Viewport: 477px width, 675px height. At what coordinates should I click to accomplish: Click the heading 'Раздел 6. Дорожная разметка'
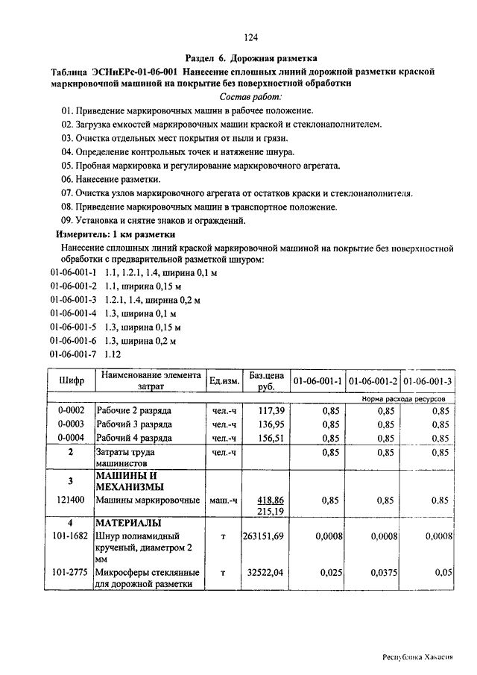pos(251,57)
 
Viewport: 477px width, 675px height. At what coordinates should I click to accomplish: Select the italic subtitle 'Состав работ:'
pos(251,97)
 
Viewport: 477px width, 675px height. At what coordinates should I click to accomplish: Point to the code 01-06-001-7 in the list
pos(74,354)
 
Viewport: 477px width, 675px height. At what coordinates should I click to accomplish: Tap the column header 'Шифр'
pos(71,381)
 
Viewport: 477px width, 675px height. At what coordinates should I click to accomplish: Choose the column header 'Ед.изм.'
pos(224,381)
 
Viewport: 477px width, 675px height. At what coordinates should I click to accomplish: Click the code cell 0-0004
pos(71,438)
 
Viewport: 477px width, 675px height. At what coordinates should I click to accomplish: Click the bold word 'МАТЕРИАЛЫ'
pos(128,523)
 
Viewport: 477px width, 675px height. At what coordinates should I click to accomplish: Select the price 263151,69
pos(263,536)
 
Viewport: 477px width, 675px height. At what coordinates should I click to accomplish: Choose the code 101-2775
pos(71,572)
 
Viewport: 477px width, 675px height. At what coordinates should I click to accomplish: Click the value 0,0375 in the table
pos(380,572)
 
